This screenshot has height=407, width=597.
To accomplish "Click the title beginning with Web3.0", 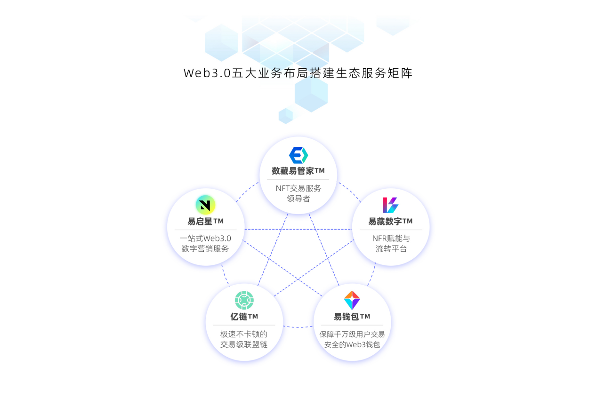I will pos(298,73).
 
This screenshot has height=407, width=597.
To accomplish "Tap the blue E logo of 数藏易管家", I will pos(298,155).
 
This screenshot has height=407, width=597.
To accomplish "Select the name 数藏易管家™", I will pos(298,171).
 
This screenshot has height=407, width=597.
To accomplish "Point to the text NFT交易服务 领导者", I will pos(298,193).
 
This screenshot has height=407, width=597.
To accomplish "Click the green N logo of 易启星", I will pos(205,205).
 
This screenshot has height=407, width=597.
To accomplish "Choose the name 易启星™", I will pos(205,221).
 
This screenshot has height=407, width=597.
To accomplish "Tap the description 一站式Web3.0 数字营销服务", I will pos(205,244).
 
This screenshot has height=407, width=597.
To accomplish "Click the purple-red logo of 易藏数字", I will pos(390,205).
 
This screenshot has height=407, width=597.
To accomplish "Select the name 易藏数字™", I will pos(390,221).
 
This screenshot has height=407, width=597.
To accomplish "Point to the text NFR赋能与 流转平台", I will pos(391,244).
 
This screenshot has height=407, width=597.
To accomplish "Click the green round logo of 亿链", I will pos(244,300).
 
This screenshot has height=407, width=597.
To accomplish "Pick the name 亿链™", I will pos(244,317).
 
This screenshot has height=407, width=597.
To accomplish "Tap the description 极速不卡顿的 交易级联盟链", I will pos(244,339).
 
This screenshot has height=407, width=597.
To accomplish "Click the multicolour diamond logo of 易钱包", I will pos(352,300).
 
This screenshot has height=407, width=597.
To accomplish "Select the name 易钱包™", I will pos(352,317).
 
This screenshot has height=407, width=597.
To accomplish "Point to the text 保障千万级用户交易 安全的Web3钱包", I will pos(352,339).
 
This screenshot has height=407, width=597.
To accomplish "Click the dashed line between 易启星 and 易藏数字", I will pos(298,229).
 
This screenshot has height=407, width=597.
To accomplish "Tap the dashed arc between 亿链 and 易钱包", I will pos(298,327).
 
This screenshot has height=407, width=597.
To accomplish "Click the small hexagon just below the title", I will pos(285,116).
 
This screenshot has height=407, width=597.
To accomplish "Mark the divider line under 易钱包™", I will pos(352,325).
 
